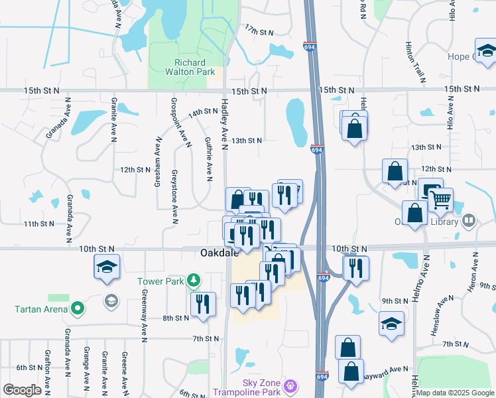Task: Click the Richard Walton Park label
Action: point(185,67)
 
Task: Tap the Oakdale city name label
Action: point(219,253)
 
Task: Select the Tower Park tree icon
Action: point(193,281)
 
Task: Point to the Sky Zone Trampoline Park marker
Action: point(289,385)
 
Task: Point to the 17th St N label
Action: point(259,31)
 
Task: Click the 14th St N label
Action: point(203,113)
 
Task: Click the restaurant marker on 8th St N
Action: point(203,304)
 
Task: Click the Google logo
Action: point(23,389)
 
